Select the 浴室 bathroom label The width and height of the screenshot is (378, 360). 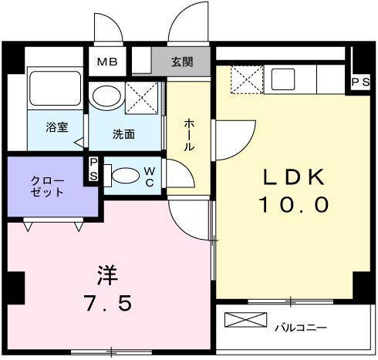[56, 128]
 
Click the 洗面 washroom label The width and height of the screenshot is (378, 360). [123, 133]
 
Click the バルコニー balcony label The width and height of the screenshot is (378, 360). [301, 328]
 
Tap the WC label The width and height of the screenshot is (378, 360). [149, 177]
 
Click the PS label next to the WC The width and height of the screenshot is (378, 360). [93, 169]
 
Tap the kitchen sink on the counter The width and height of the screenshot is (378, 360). [284, 78]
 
